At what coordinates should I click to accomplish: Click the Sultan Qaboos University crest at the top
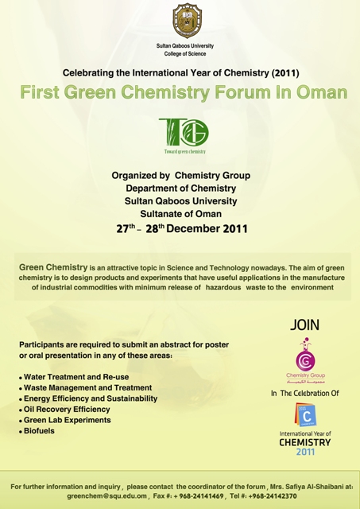point(187,21)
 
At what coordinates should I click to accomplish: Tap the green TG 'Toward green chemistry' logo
point(184,135)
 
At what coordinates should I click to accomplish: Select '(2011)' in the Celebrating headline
point(285,72)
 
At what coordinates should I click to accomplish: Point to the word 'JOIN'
point(304,325)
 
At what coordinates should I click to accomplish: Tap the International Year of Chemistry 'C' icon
point(305,414)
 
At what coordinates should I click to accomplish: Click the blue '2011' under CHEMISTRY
point(305,452)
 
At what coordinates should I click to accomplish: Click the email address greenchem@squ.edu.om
point(107,496)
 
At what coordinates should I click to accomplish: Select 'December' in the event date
point(193,228)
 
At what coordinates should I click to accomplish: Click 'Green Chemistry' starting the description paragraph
point(53,267)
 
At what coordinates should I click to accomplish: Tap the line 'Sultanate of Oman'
point(181,214)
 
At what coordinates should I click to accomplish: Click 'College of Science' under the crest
point(185,53)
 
